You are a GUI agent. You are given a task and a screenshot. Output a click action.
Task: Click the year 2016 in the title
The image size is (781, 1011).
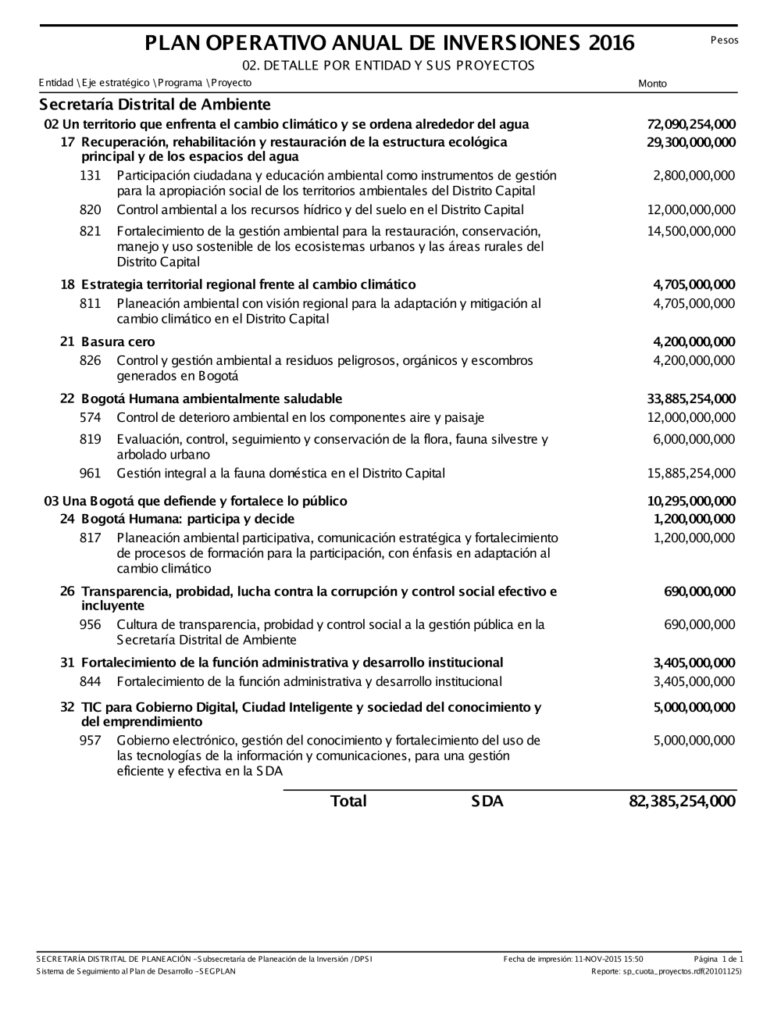coord(612,43)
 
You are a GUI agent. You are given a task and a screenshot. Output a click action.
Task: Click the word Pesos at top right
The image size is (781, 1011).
coord(724,40)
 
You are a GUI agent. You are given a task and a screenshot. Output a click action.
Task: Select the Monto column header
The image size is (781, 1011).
coord(653,84)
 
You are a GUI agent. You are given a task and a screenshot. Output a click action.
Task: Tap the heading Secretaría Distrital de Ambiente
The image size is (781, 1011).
coord(155,105)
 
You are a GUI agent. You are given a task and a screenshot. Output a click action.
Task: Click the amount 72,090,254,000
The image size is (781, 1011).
coord(691,124)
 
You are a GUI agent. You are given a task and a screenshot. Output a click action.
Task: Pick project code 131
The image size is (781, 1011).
coord(91,175)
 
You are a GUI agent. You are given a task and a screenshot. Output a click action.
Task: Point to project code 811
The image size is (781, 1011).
coord(91,303)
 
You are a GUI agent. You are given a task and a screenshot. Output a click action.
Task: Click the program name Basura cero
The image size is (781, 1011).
coord(118,341)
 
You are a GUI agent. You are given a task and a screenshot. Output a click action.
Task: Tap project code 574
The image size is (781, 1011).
coord(91,417)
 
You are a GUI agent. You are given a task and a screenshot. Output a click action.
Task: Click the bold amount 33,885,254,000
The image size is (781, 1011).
coord(691,398)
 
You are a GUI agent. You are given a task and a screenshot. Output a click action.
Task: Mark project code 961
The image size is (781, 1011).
coord(91,473)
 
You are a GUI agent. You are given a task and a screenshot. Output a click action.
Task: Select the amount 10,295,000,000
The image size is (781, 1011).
coord(691,501)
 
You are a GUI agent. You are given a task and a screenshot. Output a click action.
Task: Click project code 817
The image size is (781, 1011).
coord(91,538)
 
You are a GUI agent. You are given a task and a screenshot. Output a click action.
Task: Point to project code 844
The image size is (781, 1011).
coord(91,681)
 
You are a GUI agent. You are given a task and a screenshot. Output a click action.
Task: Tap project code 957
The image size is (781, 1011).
coord(91,740)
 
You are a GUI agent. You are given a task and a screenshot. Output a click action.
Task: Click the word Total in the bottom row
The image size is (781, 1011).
coord(348,801)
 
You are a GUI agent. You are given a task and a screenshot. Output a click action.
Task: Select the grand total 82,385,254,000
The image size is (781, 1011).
coord(682,801)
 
